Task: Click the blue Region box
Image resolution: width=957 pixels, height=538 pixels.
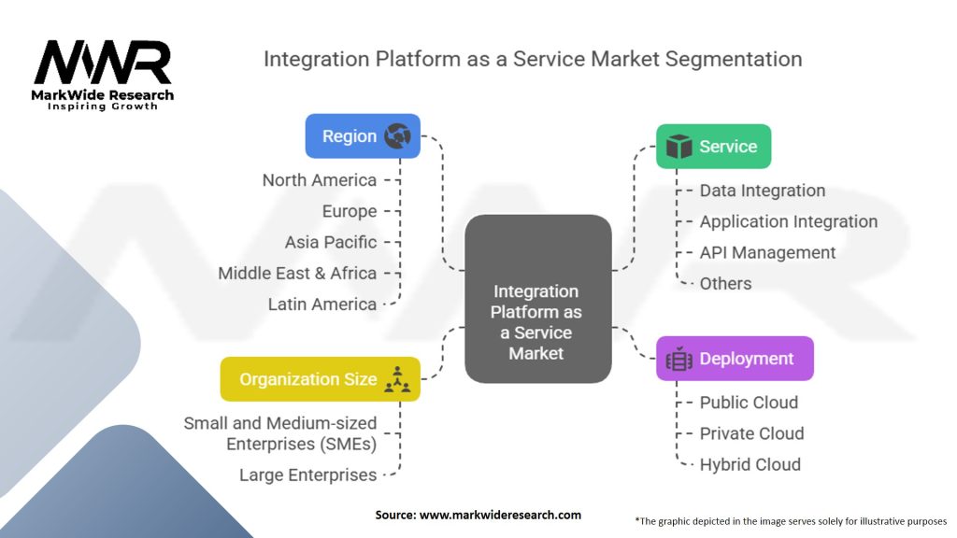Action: (363, 136)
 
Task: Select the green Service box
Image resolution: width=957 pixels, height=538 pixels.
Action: (713, 147)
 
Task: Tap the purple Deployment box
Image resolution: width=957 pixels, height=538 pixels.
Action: (734, 359)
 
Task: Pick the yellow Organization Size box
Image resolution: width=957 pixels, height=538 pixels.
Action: (320, 379)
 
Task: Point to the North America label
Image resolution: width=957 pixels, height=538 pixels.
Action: (320, 180)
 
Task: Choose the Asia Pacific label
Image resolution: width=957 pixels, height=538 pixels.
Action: (331, 242)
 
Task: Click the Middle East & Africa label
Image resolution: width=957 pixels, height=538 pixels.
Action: (297, 273)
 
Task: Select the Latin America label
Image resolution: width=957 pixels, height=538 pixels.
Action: (322, 304)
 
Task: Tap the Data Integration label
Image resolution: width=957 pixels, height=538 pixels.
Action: (763, 191)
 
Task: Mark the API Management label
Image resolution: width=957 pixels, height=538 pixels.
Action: (767, 252)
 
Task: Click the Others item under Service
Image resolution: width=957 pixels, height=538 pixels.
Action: (725, 283)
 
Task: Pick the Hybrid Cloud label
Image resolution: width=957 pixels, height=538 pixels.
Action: (750, 464)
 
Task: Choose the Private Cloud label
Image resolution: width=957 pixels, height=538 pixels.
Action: (751, 433)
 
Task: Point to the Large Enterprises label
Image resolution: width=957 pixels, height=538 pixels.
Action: (307, 474)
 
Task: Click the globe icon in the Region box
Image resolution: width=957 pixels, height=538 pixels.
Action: (397, 136)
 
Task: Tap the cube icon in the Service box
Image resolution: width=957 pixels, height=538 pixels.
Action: (678, 147)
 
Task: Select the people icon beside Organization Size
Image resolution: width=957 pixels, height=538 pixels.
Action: (398, 379)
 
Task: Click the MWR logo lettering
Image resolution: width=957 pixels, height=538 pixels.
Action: (103, 64)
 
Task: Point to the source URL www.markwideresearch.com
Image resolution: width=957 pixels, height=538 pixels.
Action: (478, 515)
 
